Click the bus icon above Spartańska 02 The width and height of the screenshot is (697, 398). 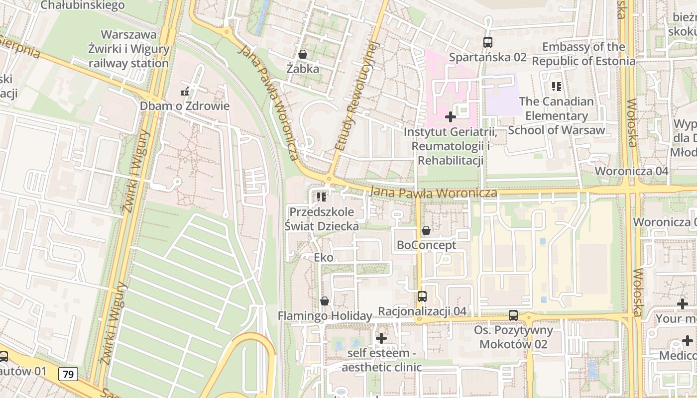point(487,42)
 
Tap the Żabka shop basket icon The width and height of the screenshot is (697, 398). point(302,54)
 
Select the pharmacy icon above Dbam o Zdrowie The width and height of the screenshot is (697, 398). point(185,92)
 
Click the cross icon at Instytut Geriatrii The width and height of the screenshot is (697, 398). point(450,117)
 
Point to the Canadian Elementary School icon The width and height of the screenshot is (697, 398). point(557,87)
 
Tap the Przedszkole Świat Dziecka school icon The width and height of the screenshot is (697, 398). point(322,197)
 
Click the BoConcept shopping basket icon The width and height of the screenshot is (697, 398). point(426,230)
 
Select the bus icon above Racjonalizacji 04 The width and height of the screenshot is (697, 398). point(422,297)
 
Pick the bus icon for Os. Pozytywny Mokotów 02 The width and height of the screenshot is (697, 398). point(513,315)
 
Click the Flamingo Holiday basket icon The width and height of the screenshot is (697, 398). point(325,301)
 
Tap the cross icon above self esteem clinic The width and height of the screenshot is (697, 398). point(381,338)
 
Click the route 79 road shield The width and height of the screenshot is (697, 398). point(68,374)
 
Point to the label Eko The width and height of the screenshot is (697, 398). point(324,258)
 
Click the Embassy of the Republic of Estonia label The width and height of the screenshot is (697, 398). point(583,54)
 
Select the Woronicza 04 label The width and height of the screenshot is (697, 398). point(631,171)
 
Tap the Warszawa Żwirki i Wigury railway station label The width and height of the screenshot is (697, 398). point(128,49)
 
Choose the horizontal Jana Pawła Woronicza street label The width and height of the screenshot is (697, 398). point(433,193)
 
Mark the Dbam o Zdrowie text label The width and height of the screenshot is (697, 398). point(184,106)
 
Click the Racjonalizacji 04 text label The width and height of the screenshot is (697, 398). point(422,311)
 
